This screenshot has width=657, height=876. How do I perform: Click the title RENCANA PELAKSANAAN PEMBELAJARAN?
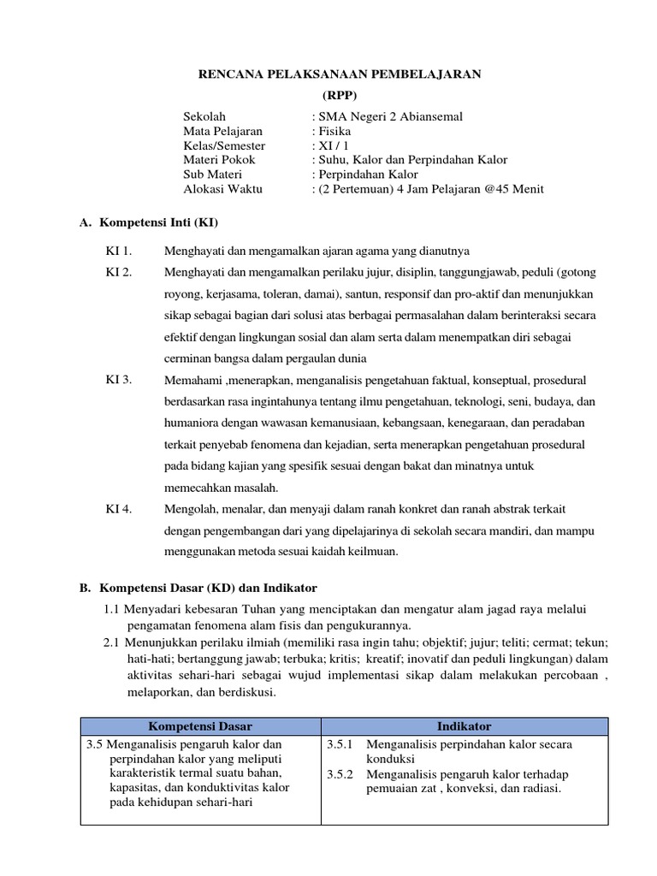click(x=340, y=74)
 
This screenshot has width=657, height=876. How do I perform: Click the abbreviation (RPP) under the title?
click(x=340, y=95)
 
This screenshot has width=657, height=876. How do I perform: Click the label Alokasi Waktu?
click(x=223, y=188)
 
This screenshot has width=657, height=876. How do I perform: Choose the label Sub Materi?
click(x=214, y=174)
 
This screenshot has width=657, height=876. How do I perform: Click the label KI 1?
click(x=119, y=251)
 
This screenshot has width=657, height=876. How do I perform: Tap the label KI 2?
click(x=119, y=272)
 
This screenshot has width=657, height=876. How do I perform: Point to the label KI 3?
click(x=119, y=379)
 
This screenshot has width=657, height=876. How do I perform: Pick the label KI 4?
click(x=119, y=509)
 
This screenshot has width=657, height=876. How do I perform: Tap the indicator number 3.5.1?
click(x=340, y=744)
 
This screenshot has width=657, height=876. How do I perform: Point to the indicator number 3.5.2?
click(x=340, y=774)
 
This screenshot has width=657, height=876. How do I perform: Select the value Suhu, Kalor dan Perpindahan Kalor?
click(x=413, y=160)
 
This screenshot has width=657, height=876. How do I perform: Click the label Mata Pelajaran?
click(x=223, y=131)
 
